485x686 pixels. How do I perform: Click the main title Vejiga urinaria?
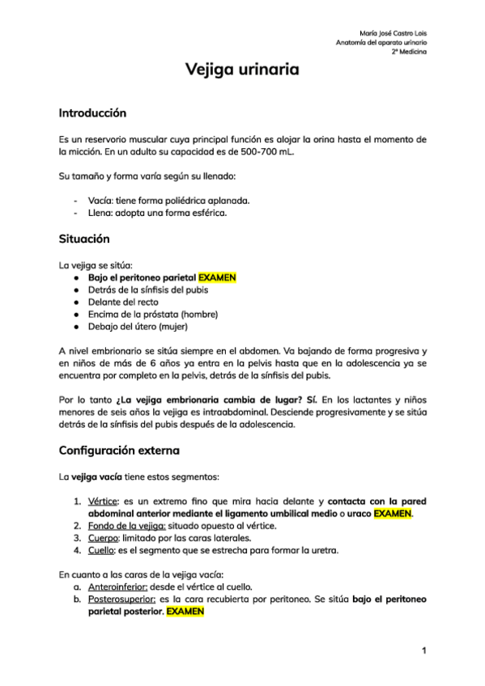pyautogui.click(x=242, y=71)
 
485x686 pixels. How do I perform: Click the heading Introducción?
pyautogui.click(x=92, y=112)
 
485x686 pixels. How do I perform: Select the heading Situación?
pyautogui.click(x=84, y=239)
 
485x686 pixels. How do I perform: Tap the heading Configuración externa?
pyautogui.click(x=119, y=450)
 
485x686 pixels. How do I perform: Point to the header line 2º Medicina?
pyautogui.click(x=409, y=52)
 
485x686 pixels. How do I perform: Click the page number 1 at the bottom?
pyautogui.click(x=423, y=650)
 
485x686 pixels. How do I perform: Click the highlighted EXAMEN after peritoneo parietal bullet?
pyautogui.click(x=217, y=277)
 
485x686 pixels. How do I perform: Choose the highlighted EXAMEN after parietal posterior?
pyautogui.click(x=185, y=612)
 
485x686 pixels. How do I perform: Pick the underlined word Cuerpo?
pyautogui.click(x=102, y=538)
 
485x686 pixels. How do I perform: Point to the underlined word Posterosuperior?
pyautogui.click(x=122, y=599)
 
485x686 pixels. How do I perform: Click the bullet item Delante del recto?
pyautogui.click(x=122, y=302)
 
